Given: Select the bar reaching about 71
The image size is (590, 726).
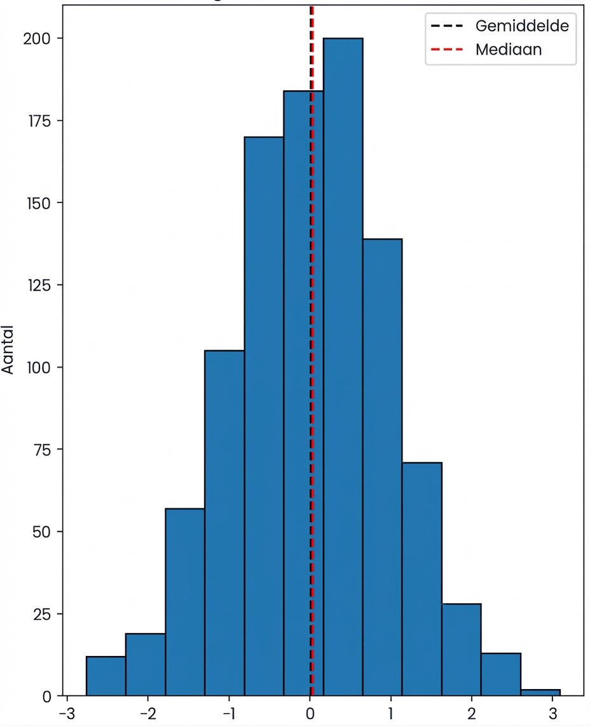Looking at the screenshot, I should click(x=422, y=579).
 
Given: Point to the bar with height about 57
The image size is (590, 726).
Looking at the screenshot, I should click(x=185, y=602).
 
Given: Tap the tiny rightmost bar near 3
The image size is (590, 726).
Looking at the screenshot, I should click(x=540, y=693).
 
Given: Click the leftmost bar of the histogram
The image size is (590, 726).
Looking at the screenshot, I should click(x=106, y=676).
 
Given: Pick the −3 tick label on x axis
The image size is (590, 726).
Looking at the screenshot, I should click(x=66, y=711).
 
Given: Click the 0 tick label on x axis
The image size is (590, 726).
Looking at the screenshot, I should click(x=310, y=711).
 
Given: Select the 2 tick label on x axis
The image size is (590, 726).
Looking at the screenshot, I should click(x=471, y=711).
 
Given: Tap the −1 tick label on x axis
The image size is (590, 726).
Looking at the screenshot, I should click(x=228, y=711).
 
